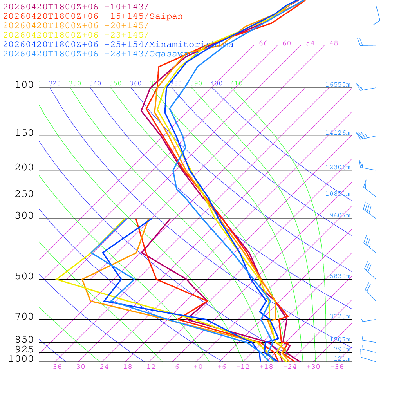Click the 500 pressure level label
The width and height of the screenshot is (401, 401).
24,276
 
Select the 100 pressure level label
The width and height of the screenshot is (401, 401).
24,85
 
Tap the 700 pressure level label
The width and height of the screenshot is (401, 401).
24,316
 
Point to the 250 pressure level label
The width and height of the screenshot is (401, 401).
24,194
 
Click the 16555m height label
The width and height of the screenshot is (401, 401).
338,85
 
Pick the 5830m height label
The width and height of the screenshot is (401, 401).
340,276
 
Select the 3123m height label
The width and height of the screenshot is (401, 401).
340,316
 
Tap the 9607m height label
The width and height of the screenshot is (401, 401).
340,215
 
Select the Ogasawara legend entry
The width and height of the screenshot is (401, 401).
174,54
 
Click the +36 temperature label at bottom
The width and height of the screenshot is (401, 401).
336,367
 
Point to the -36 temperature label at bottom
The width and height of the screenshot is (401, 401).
54,367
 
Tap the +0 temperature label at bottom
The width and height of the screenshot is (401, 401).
198,367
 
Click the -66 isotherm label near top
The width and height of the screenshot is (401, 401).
260,43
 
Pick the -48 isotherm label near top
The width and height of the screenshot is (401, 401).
331,43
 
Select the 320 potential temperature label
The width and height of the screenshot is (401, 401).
54,83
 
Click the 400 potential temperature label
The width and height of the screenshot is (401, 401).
216,83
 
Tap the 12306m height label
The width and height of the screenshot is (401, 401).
338,167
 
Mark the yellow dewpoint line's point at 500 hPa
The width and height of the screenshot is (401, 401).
57,279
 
